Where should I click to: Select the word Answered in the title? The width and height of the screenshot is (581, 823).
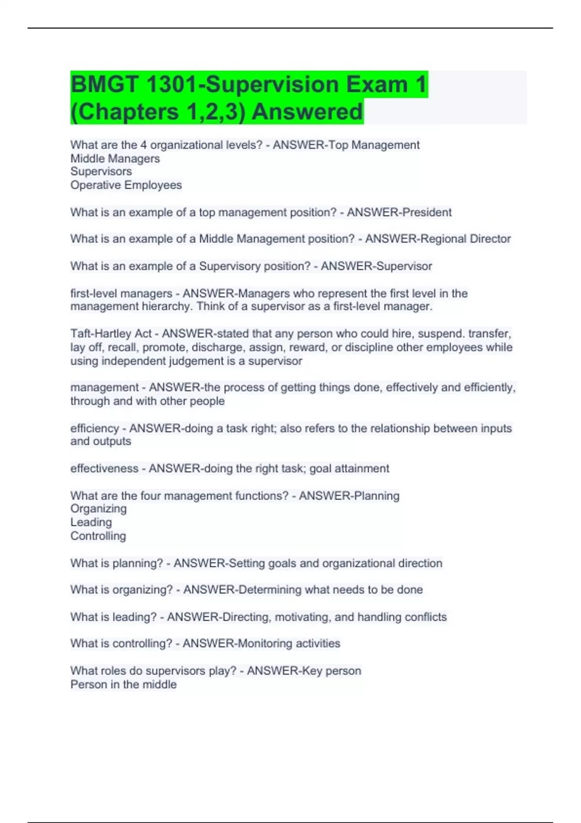307,112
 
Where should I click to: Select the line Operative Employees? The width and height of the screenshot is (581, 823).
126,185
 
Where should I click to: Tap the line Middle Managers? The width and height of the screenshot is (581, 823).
115,158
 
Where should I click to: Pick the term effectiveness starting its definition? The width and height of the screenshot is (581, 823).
104,468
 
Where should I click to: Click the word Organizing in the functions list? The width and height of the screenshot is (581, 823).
98,508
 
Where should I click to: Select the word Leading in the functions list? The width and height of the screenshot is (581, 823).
91,522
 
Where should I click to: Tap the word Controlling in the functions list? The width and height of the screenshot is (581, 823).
98,536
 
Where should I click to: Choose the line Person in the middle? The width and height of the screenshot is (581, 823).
123,684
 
